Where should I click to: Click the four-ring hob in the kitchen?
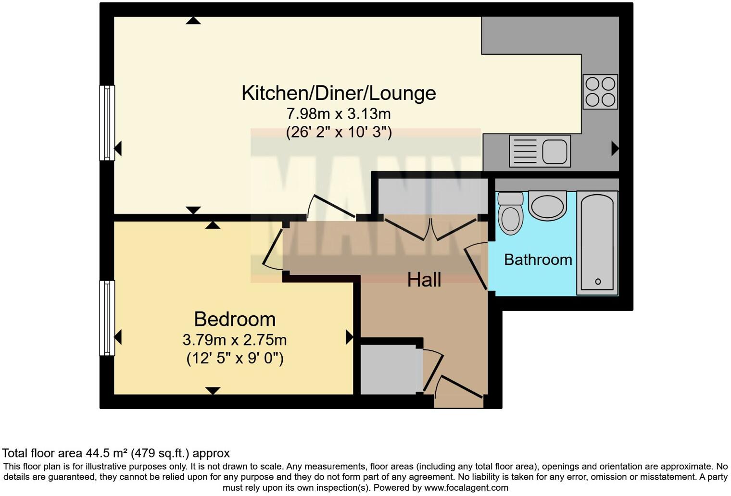pos(600,91)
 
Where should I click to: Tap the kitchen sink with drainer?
pos(540,151)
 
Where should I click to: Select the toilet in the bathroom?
pos(510,213)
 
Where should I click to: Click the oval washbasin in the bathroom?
pos(547,206)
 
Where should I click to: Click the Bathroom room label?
pos(538,260)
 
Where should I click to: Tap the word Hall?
pos(424,280)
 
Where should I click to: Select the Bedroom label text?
pos(235,319)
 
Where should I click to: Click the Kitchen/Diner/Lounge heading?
pos(339,93)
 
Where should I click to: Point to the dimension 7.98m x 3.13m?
pos(339,114)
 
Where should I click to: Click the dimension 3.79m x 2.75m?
pos(235,340)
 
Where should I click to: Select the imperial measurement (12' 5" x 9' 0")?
pos(235,359)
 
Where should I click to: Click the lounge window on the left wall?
pos(107,123)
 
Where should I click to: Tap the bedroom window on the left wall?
pos(107,318)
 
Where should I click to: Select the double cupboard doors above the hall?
pos(431,229)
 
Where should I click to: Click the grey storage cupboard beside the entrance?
pos(389,370)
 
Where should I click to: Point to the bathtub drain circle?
pos(598,282)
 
